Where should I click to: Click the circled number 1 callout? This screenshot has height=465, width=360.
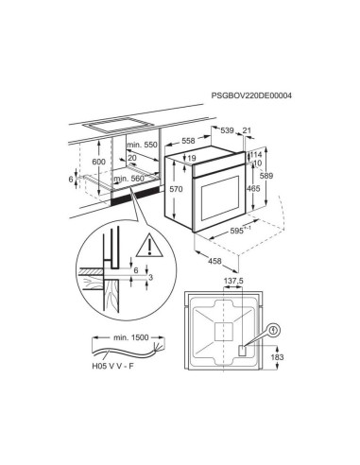pyautogui.click(x=273, y=331)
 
